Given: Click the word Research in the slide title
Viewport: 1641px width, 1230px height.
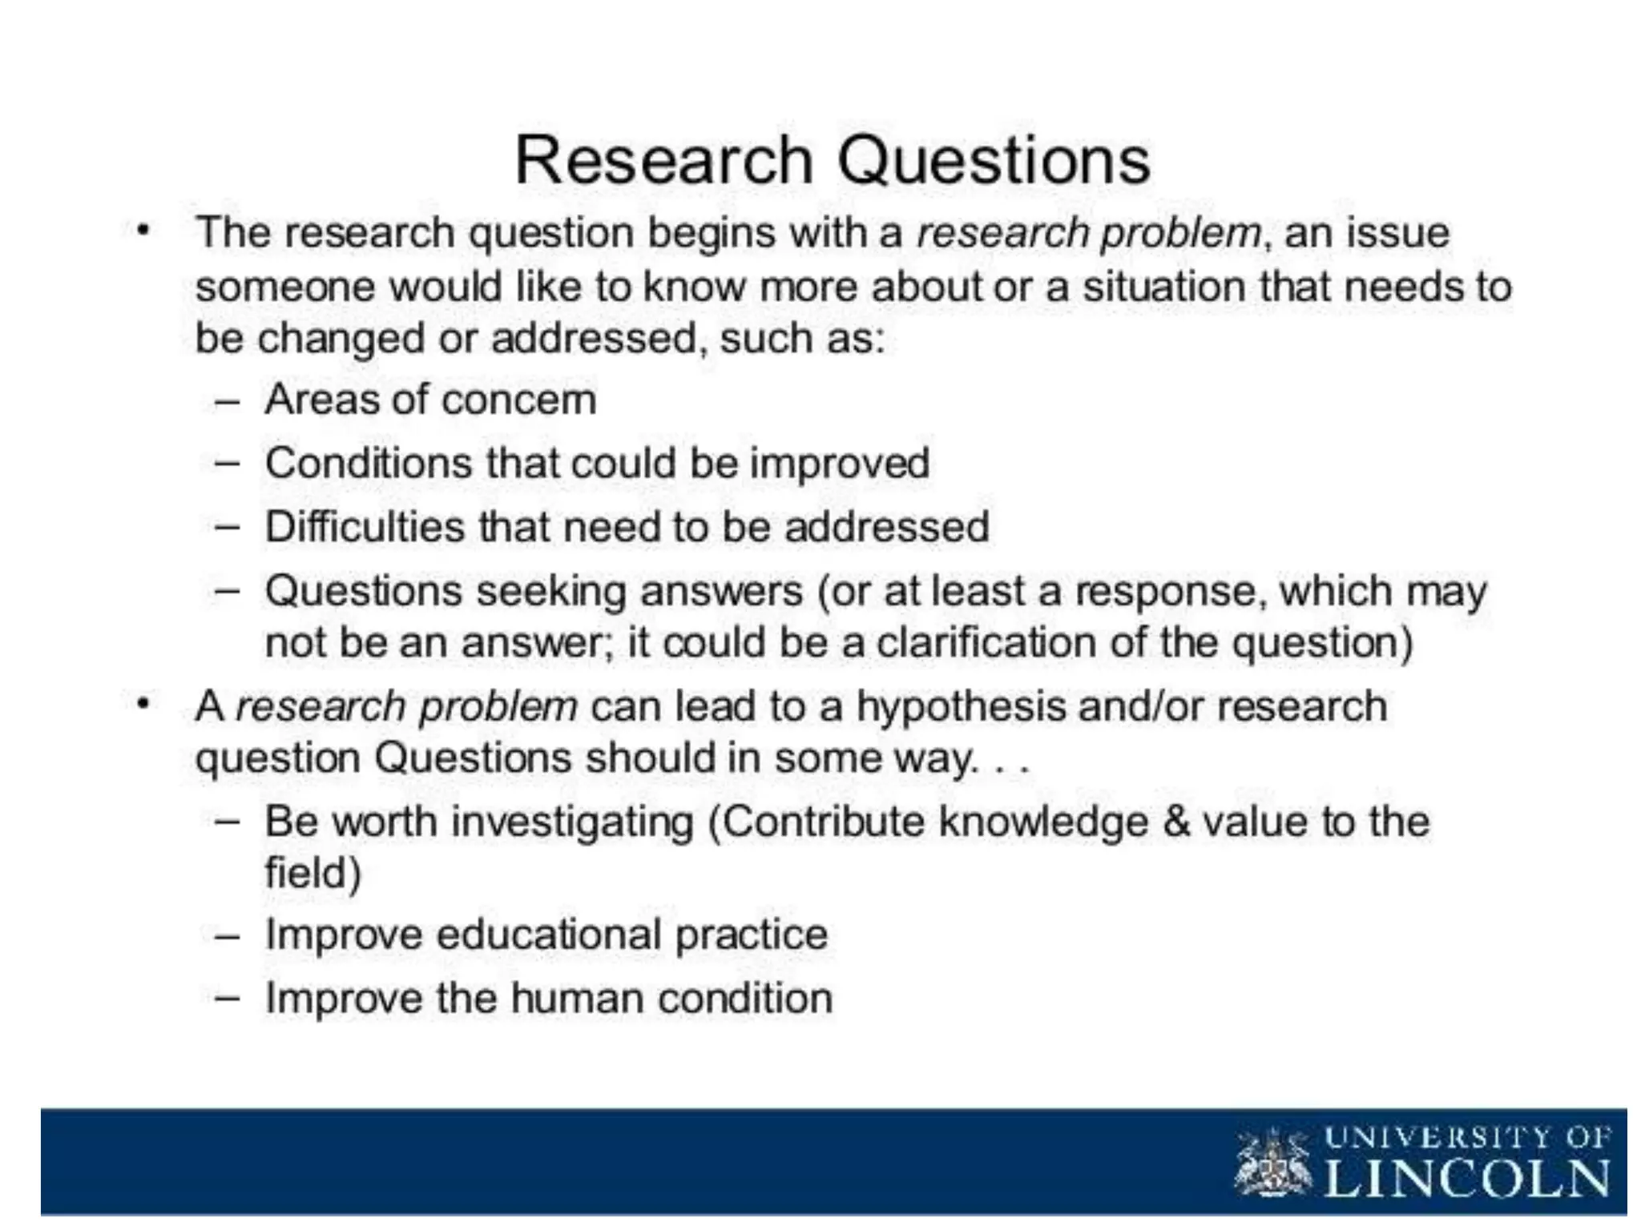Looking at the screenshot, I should pyautogui.click(x=664, y=160).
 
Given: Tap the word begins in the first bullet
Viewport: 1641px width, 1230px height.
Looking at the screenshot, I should pyautogui.click(x=711, y=234).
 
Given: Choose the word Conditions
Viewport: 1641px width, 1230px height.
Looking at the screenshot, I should pyautogui.click(x=368, y=463).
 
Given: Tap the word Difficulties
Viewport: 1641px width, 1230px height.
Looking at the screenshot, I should pyautogui.click(x=365, y=527).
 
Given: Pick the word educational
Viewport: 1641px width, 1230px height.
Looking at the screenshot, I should pyautogui.click(x=548, y=935).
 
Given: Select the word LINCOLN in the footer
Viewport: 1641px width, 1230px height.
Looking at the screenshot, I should pyautogui.click(x=1466, y=1179).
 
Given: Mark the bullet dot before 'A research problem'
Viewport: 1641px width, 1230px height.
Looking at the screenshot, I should pyautogui.click(x=143, y=705).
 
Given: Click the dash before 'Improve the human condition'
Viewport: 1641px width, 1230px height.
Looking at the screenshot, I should pyautogui.click(x=228, y=999).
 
